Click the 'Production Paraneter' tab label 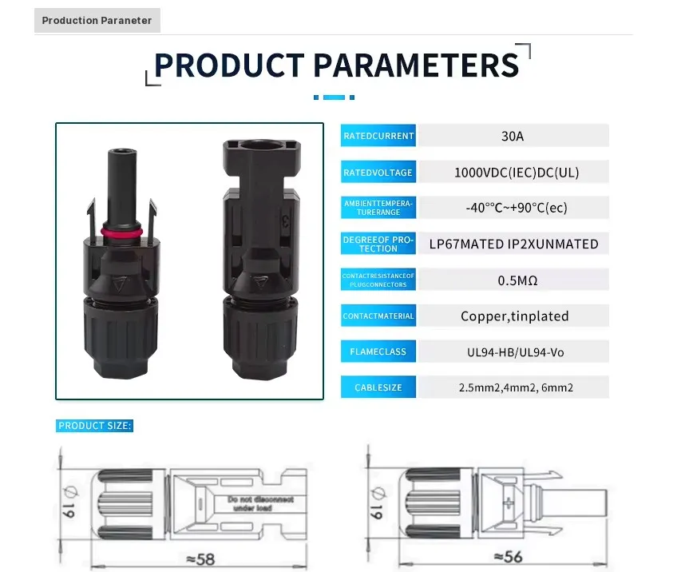[97, 21]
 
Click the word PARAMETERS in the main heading [416, 66]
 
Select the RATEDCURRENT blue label [378, 136]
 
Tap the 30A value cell [513, 136]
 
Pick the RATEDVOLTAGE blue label [378, 173]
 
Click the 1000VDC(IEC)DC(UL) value [517, 173]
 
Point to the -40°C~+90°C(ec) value [517, 208]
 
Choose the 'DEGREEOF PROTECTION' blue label [378, 244]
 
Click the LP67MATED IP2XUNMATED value [514, 244]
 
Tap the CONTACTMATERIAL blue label [378, 316]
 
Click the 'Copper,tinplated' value [515, 316]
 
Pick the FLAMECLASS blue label [378, 352]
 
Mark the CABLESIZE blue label [378, 387]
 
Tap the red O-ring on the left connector [121, 232]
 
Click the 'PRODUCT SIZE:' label [94, 426]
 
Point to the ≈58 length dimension [200, 559]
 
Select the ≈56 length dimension [508, 557]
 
